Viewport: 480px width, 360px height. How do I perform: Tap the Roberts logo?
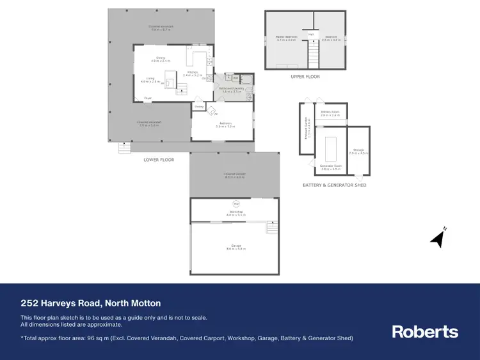click(x=425, y=331)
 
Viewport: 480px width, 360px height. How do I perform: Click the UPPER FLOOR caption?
click(x=305, y=77)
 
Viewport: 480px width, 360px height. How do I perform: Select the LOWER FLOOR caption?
click(x=159, y=159)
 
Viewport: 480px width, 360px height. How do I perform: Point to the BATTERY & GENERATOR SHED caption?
click(x=334, y=185)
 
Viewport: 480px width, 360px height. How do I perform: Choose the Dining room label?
click(x=152, y=58)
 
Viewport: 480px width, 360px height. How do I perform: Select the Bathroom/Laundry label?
click(x=232, y=90)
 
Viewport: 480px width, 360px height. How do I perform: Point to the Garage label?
click(x=235, y=246)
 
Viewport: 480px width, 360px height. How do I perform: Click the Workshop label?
click(x=235, y=212)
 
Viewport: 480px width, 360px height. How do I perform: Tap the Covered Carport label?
click(x=235, y=175)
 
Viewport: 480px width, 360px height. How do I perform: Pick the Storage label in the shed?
click(x=358, y=150)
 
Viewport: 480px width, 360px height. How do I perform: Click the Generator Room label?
click(x=331, y=167)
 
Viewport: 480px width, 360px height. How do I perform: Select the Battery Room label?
click(x=330, y=114)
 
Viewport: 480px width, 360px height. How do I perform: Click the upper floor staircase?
click(x=314, y=50)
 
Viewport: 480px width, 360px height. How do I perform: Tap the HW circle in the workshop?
click(x=235, y=205)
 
